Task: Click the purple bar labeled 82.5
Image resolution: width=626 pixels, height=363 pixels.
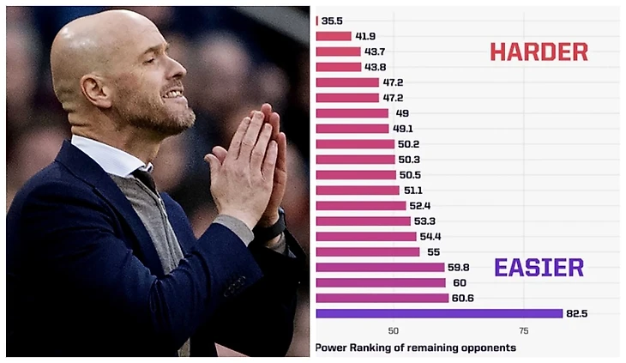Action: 439,313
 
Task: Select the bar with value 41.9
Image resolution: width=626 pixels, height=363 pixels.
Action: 334,36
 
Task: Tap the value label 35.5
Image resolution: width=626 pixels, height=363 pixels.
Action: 332,21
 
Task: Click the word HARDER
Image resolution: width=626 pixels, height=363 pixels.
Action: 539,51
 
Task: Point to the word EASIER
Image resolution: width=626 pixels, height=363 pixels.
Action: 539,267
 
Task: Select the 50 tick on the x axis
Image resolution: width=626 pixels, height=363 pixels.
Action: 393,330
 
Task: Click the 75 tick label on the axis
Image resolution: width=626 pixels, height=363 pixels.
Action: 523,330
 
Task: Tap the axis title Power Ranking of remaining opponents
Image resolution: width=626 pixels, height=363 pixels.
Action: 416,348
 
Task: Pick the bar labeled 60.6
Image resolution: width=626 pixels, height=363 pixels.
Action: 382,298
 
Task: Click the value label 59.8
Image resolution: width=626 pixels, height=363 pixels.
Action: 460,267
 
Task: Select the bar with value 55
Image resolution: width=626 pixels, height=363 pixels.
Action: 368,251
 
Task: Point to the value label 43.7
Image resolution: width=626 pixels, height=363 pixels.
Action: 375,51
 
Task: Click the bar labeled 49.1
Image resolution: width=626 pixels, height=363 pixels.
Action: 352,129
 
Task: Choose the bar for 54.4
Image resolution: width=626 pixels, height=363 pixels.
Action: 366,236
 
